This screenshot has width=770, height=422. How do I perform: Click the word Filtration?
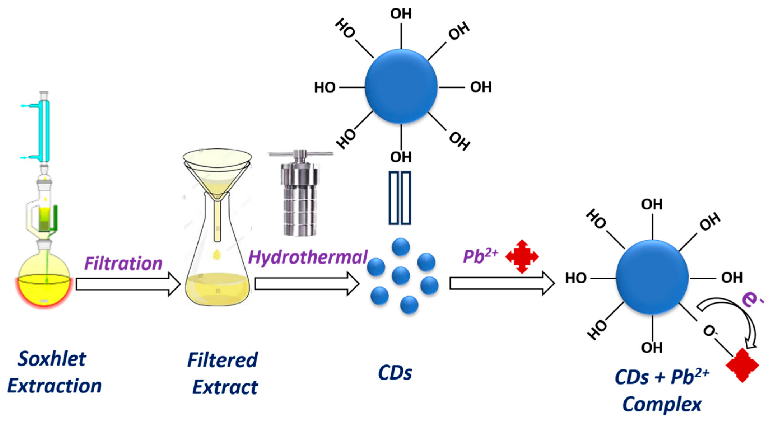click(123, 264)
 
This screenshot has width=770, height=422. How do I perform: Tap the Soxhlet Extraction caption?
click(54, 372)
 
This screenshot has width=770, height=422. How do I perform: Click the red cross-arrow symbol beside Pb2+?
click(522, 256)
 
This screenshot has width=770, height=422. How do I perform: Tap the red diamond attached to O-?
click(742, 365)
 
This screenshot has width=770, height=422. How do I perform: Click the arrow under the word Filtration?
click(128, 284)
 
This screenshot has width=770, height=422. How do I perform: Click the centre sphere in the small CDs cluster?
click(401, 275)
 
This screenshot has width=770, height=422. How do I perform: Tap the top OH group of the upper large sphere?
click(401, 14)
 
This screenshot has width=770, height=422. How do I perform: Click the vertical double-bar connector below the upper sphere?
click(400, 198)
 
